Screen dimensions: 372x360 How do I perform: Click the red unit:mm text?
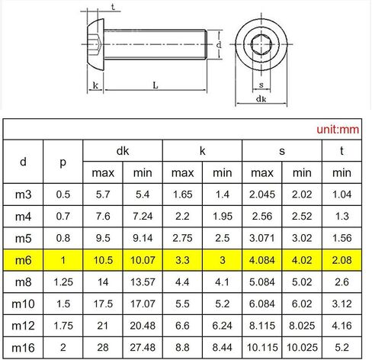click(338, 130)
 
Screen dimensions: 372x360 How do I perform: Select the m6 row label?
click(23, 260)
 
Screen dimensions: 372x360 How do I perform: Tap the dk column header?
click(123, 151)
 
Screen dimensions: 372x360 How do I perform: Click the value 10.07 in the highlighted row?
click(143, 260)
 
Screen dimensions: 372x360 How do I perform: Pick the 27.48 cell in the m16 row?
click(143, 348)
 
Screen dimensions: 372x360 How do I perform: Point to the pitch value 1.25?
click(63, 282)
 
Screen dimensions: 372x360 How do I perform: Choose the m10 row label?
click(23, 304)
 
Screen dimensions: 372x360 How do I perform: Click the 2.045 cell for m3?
click(262, 194)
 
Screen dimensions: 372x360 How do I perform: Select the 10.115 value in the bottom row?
click(262, 348)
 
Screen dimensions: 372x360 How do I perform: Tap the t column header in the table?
click(342, 151)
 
